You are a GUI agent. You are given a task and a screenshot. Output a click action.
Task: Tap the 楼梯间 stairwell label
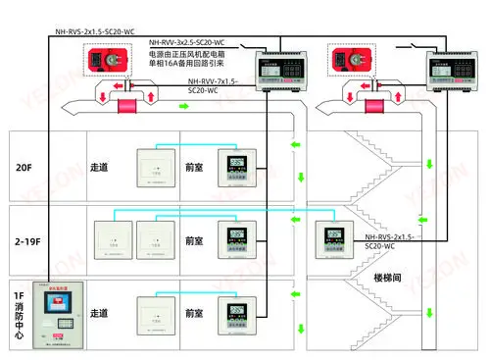tap(391, 280)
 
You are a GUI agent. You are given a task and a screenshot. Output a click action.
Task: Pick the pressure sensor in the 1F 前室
tap(235, 319)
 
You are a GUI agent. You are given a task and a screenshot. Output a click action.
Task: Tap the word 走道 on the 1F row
tap(99, 314)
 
